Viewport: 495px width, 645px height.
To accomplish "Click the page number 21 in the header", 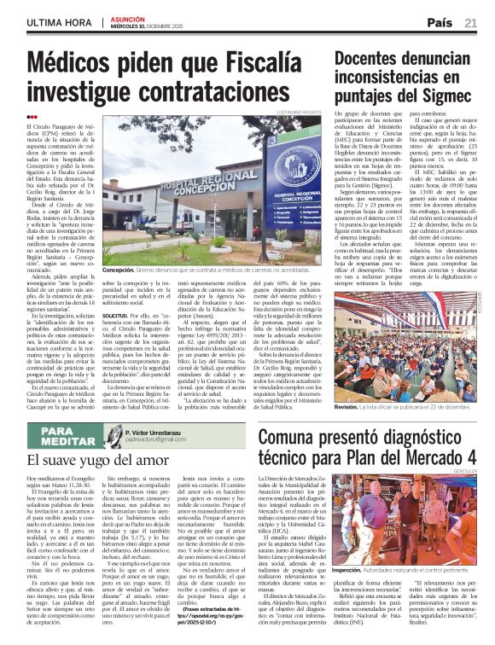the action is click(x=470, y=22).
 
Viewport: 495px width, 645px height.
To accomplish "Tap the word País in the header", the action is click(x=440, y=22).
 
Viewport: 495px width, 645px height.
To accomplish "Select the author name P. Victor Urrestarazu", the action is click(x=159, y=432).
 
